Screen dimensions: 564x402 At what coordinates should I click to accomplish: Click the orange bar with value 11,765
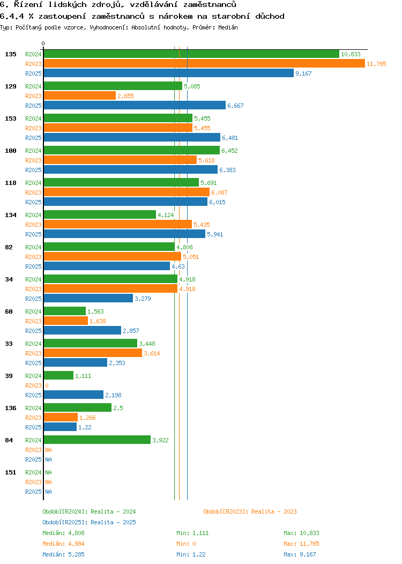click(204, 64)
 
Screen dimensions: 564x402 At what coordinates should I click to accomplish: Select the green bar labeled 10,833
click(191, 54)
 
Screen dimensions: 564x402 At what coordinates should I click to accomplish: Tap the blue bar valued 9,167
click(168, 73)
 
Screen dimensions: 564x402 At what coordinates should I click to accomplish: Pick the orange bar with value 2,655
click(79, 96)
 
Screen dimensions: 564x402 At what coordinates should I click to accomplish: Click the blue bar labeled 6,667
click(135, 106)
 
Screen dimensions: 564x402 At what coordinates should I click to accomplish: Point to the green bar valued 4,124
click(100, 215)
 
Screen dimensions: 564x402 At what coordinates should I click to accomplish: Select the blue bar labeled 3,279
click(88, 299)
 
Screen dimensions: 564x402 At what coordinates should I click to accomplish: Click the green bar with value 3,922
click(97, 440)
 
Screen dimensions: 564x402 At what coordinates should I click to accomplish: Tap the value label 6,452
click(229, 151)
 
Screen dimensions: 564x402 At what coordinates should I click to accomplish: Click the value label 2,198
click(113, 395)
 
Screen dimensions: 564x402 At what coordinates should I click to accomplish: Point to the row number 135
click(11, 54)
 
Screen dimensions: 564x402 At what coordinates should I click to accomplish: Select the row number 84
click(9, 440)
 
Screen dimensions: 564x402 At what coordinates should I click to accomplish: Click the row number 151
click(11, 472)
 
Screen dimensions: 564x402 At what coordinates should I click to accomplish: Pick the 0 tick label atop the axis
click(43, 44)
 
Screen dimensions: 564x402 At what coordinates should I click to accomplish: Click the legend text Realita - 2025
click(113, 522)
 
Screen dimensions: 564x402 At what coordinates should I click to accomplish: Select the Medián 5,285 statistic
click(63, 554)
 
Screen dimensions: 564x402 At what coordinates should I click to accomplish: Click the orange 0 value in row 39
click(47, 385)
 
